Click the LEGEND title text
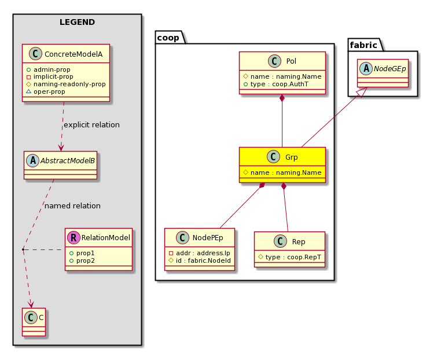(77, 22)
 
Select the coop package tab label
(168, 38)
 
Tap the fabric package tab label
(363, 45)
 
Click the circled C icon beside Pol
(274, 61)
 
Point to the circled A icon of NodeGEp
(366, 68)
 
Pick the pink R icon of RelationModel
(74, 238)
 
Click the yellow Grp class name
(292, 157)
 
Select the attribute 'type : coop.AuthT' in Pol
(276, 84)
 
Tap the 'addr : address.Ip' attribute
(200, 254)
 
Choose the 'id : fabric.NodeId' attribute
(200, 261)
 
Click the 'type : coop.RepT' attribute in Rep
(290, 257)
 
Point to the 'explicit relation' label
(91, 125)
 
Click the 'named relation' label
(72, 206)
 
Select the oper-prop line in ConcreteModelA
(46, 91)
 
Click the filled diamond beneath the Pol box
(282, 98)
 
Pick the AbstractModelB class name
(68, 161)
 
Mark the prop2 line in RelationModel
(82, 261)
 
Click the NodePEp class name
(208, 238)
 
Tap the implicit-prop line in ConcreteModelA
(50, 76)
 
